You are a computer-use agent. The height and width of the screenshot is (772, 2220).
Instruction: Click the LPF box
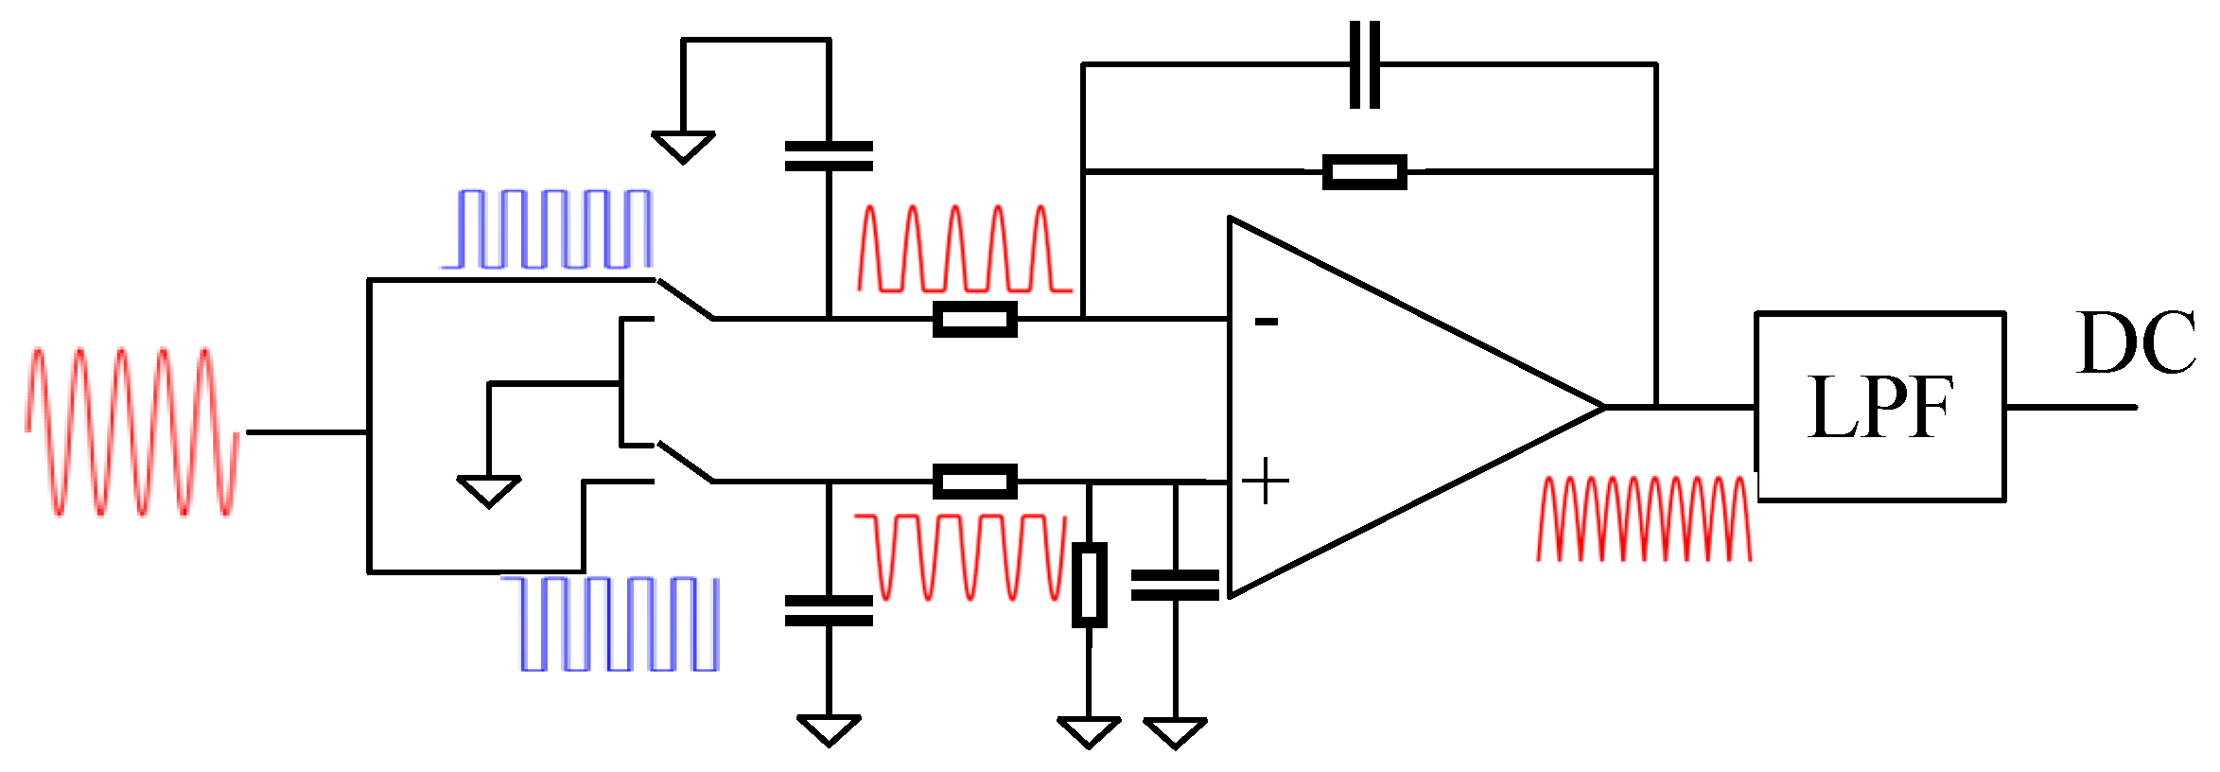pyautogui.click(x=1880, y=407)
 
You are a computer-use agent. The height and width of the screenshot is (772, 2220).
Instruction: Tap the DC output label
pyautogui.click(x=2136, y=342)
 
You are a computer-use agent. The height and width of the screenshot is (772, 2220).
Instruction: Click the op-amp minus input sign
pyautogui.click(x=1266, y=323)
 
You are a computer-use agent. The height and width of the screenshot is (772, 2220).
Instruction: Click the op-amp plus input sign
pyautogui.click(x=1265, y=482)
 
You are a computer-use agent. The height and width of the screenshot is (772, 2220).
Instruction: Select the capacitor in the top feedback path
pyautogui.click(x=1364, y=64)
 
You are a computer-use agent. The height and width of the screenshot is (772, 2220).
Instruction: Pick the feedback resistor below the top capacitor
pyautogui.click(x=1364, y=172)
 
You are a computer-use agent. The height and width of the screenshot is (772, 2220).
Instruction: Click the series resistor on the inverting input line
pyautogui.click(x=974, y=320)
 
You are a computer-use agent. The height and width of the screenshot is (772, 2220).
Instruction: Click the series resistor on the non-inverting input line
pyautogui.click(x=974, y=482)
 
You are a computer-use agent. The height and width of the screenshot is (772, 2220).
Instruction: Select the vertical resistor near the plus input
pyautogui.click(x=1089, y=585)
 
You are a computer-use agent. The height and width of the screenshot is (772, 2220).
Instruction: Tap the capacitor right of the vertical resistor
pyautogui.click(x=1175, y=585)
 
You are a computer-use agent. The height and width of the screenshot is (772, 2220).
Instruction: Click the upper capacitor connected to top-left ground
pyautogui.click(x=829, y=156)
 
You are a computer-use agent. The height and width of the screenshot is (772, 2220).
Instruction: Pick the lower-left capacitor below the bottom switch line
pyautogui.click(x=829, y=610)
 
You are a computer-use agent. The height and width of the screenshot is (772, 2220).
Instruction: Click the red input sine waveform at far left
pyautogui.click(x=132, y=432)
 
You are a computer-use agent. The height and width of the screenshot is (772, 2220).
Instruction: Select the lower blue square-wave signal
pyautogui.click(x=620, y=623)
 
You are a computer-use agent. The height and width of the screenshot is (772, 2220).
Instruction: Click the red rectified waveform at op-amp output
pyautogui.click(x=1644, y=518)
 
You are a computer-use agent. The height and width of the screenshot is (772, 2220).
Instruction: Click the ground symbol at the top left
pyautogui.click(x=683, y=147)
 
